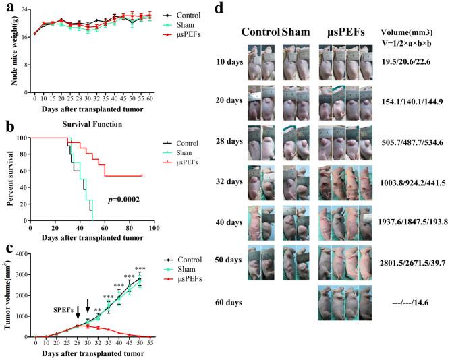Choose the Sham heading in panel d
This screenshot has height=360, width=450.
[294, 32]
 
